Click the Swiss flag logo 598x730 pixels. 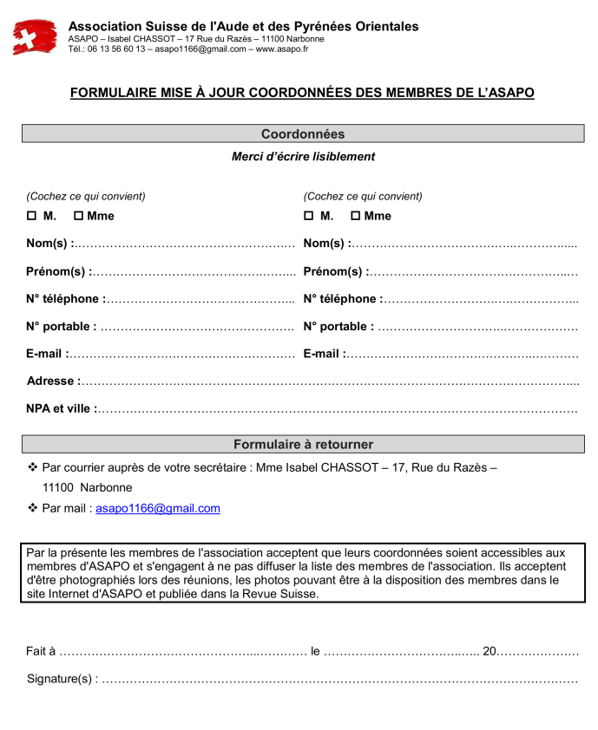[35, 37]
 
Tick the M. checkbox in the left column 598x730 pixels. [31, 216]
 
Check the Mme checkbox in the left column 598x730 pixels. [78, 216]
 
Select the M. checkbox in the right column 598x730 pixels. [309, 216]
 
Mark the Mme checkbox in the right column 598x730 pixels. [356, 216]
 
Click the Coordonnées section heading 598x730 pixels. [303, 134]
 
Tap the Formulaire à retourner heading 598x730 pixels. [303, 445]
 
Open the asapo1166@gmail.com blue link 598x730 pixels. [158, 509]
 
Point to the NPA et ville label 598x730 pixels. [62, 408]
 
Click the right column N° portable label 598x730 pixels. [338, 327]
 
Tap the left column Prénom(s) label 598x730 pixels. [59, 272]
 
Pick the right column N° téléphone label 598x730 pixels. [343, 299]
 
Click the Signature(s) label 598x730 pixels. [62, 679]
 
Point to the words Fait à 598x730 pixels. [41, 651]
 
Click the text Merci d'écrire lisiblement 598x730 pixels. [303, 157]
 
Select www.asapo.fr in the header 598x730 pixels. [282, 49]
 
